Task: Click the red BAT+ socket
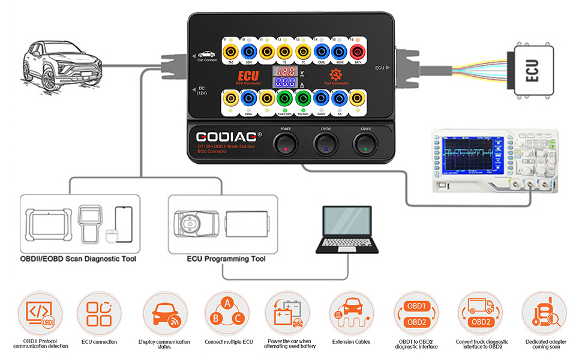click(359, 51)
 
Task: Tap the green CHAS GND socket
click(284, 98)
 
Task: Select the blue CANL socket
click(322, 51)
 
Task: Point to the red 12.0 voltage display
click(285, 71)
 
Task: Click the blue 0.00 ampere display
click(285, 83)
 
